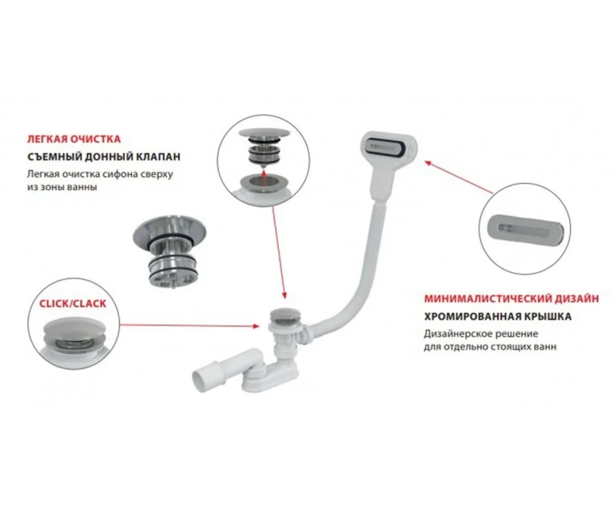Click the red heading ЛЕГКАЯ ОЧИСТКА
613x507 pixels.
(74, 139)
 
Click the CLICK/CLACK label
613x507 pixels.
(72, 303)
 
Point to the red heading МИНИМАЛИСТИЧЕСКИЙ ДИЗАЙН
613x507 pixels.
(511, 299)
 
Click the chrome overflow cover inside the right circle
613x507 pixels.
(525, 228)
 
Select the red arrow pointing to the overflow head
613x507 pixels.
(459, 176)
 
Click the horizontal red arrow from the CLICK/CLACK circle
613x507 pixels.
(190, 326)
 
